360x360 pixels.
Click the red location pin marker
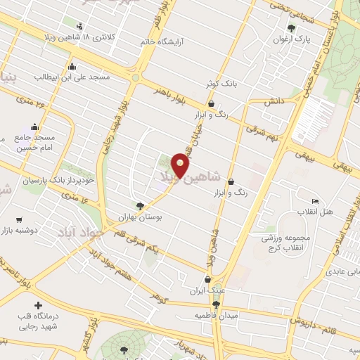180,165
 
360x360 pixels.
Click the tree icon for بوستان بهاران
140,206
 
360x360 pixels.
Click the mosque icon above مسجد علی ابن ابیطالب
72,67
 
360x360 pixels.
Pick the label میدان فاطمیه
237,315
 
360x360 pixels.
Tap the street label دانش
273,102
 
